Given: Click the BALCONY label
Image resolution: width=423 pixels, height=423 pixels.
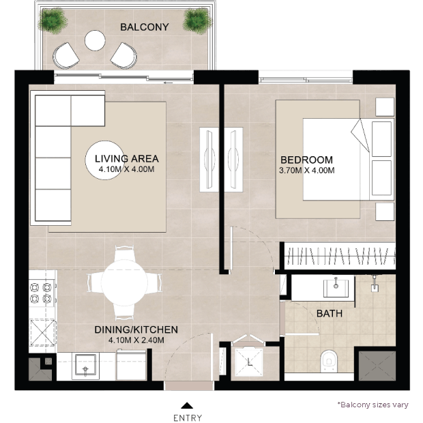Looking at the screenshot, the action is click(x=145, y=27).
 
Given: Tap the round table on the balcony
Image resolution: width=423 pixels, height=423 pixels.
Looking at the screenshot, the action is click(x=95, y=40).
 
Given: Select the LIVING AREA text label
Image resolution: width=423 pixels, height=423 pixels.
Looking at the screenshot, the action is click(x=126, y=158).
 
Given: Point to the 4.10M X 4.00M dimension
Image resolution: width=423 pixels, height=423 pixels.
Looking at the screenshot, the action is click(x=126, y=169).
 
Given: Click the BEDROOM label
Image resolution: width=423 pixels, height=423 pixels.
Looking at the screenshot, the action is click(x=306, y=160).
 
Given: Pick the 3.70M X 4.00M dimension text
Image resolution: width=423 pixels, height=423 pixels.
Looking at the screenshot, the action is click(x=307, y=171).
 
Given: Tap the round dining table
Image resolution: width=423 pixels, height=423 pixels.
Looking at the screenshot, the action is click(x=124, y=283).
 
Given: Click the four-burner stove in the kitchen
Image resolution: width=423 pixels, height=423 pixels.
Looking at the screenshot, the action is click(x=41, y=293).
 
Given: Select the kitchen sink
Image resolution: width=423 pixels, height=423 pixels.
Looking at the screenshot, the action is click(x=85, y=365).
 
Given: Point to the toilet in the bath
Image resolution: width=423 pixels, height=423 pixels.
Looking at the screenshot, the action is click(x=329, y=361).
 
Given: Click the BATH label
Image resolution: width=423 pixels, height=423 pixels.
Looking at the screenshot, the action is click(x=329, y=313).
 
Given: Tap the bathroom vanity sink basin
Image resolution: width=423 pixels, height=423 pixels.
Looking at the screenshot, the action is click(x=336, y=288).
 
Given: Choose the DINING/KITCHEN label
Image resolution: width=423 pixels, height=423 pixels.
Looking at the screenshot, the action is click(x=136, y=330).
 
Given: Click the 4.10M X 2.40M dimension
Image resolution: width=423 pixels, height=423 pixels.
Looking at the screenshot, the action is click(x=136, y=340).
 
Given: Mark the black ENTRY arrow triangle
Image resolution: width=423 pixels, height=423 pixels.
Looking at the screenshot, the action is click(x=187, y=405).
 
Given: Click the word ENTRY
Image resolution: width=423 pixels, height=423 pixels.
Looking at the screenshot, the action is click(x=187, y=418).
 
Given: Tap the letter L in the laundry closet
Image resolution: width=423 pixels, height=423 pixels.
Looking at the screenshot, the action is click(x=249, y=362).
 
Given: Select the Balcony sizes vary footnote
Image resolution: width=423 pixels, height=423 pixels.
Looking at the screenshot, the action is click(x=373, y=405).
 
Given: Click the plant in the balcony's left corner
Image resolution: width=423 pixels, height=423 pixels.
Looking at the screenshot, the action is click(x=53, y=20).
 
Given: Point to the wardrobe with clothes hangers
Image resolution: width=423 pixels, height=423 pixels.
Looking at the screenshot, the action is click(x=340, y=256).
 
